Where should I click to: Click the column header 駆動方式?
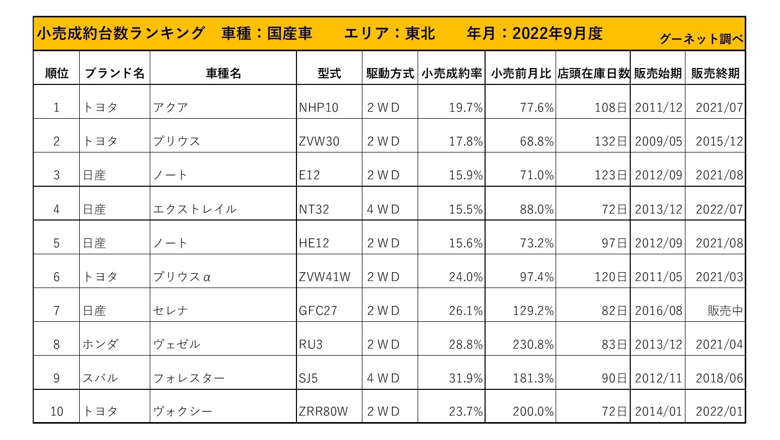[390, 74]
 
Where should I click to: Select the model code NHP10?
[318, 108]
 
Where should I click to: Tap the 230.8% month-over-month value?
[533, 345]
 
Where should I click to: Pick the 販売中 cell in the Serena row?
[725, 311]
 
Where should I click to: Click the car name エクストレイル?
[195, 209]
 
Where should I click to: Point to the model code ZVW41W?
[325, 277]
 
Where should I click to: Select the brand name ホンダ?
[100, 345]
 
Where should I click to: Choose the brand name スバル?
[100, 379]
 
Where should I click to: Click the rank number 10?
[57, 412]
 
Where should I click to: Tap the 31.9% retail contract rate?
[466, 379]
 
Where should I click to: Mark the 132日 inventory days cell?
[611, 142]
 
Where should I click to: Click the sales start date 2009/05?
[658, 142]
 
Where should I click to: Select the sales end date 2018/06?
[719, 379]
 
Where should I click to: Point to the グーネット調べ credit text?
[701, 39]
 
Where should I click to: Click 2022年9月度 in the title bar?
[557, 34]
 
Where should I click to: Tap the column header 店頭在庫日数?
[593, 74]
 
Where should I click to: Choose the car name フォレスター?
[189, 379]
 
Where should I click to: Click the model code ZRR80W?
[323, 412]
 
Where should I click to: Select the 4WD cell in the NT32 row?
[383, 210]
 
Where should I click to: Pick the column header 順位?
[57, 74]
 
